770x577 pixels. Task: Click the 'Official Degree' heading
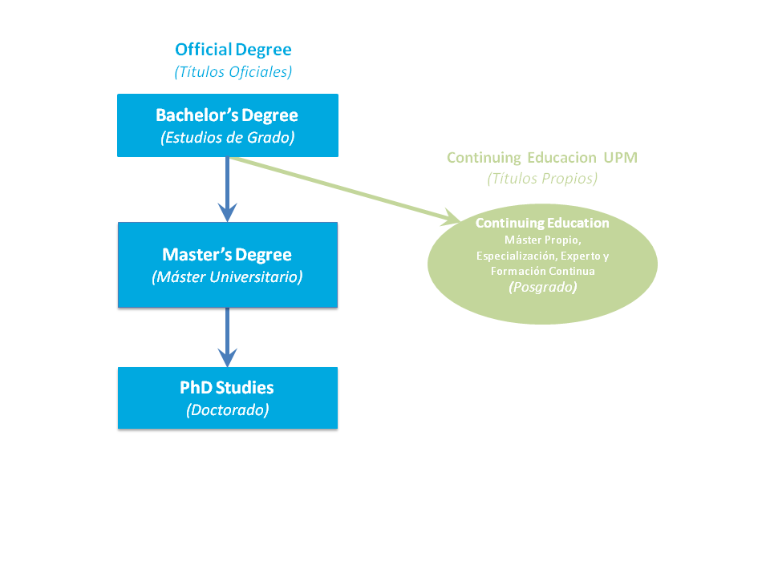click(x=233, y=50)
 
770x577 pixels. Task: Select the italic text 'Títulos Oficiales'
click(x=233, y=71)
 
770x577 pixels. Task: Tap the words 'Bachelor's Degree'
click(x=227, y=115)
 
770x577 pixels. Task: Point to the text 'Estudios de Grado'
click(x=228, y=137)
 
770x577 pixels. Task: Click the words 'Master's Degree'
click(x=227, y=255)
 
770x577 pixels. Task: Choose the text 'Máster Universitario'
click(x=227, y=277)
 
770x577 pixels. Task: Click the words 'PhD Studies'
click(x=227, y=388)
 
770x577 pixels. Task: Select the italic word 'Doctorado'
click(x=227, y=410)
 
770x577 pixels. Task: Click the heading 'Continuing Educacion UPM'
click(x=542, y=158)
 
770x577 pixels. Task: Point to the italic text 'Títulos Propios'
click(x=542, y=179)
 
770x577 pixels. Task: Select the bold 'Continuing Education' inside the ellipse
click(x=542, y=223)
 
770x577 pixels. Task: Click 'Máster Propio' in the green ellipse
click(x=542, y=240)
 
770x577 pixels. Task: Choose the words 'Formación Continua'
click(x=542, y=272)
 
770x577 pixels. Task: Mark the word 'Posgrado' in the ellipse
click(x=542, y=286)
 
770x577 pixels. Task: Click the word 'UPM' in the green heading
click(x=621, y=158)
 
